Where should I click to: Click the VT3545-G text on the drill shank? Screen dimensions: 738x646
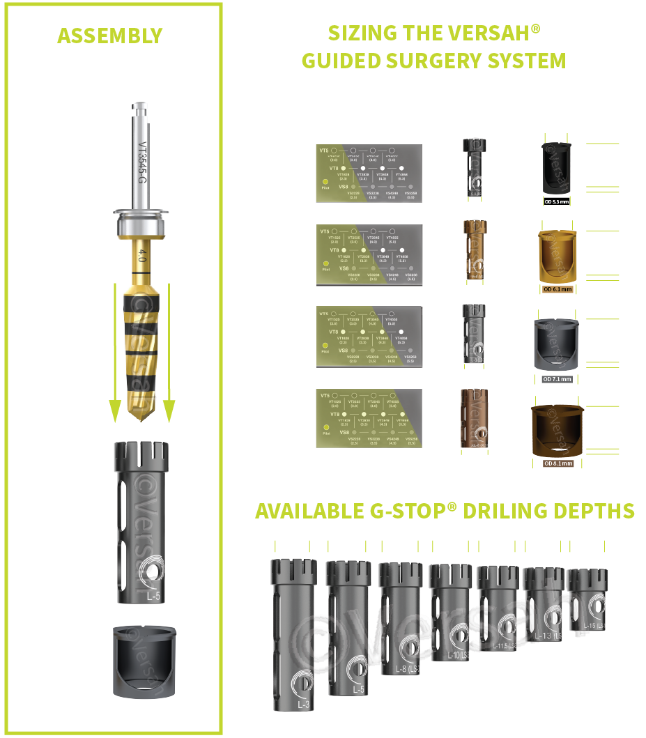[141, 164]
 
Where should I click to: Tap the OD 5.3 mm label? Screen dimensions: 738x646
[556, 201]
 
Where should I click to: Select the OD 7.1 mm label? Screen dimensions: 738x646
[557, 379]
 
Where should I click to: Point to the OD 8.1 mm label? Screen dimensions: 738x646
[557, 463]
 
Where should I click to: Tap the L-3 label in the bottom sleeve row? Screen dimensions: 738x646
[305, 705]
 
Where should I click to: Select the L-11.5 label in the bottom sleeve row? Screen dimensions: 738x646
[503, 646]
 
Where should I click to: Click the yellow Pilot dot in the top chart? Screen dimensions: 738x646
[325, 181]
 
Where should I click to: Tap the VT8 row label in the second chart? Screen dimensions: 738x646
[334, 249]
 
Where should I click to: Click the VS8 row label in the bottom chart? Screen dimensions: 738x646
[344, 433]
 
